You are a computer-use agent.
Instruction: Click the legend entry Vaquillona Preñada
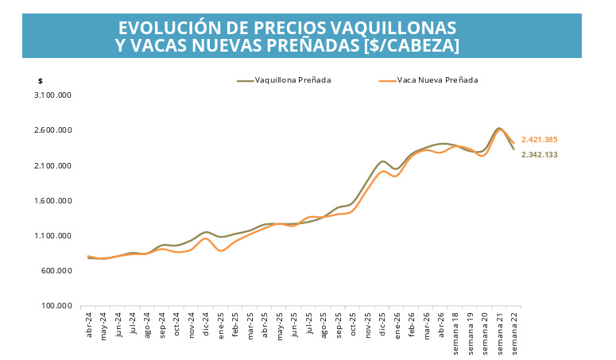coord(284,80)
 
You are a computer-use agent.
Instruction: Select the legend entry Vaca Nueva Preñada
coord(428,80)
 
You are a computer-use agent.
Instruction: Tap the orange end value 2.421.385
coord(540,140)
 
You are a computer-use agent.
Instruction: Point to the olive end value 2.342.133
coord(540,155)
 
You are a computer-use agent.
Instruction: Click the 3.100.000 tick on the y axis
coord(53,95)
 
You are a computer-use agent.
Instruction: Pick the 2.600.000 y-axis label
coord(53,130)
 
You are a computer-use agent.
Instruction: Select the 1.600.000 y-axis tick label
coord(53,200)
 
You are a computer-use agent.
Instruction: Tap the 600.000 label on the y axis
coord(56,270)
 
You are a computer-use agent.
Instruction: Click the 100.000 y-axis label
coord(56,305)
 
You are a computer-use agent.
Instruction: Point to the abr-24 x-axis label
coord(88,325)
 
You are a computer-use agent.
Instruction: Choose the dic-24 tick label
coord(206,324)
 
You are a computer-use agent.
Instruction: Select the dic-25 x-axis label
coord(382,324)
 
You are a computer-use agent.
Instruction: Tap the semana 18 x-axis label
coord(455,334)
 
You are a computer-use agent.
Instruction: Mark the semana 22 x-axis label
coord(514,334)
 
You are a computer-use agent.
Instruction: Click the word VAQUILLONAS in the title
coord(393,28)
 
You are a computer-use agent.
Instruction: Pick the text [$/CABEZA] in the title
coord(411,45)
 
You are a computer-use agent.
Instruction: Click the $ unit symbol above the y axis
coord(40,81)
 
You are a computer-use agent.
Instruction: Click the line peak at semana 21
coord(499,129)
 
